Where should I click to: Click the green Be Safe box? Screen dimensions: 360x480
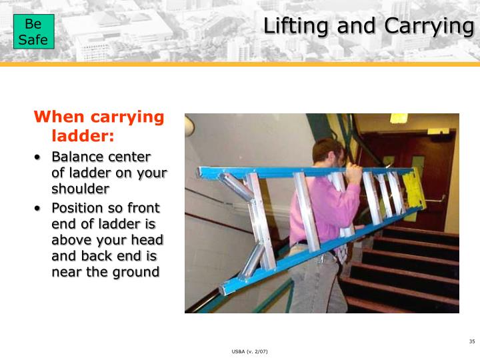(x=33, y=32)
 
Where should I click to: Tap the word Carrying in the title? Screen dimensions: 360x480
(x=429, y=27)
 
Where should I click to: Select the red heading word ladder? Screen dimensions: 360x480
(x=83, y=136)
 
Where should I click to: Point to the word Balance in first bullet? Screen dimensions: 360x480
(x=77, y=157)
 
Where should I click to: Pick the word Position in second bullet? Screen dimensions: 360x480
(x=78, y=208)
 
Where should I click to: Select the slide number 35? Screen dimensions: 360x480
(x=471, y=342)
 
